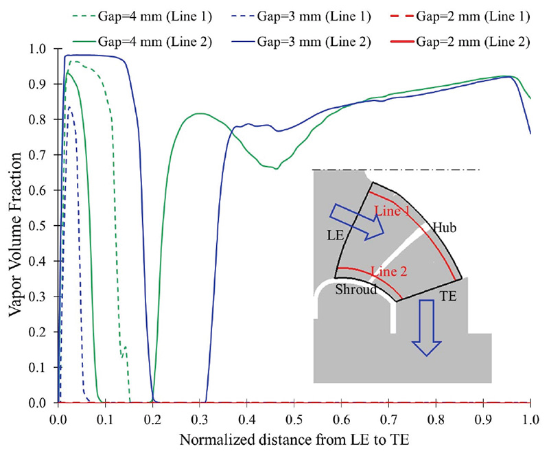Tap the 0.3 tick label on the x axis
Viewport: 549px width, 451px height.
coord(200,417)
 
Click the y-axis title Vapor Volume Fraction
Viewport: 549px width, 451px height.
coord(15,226)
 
